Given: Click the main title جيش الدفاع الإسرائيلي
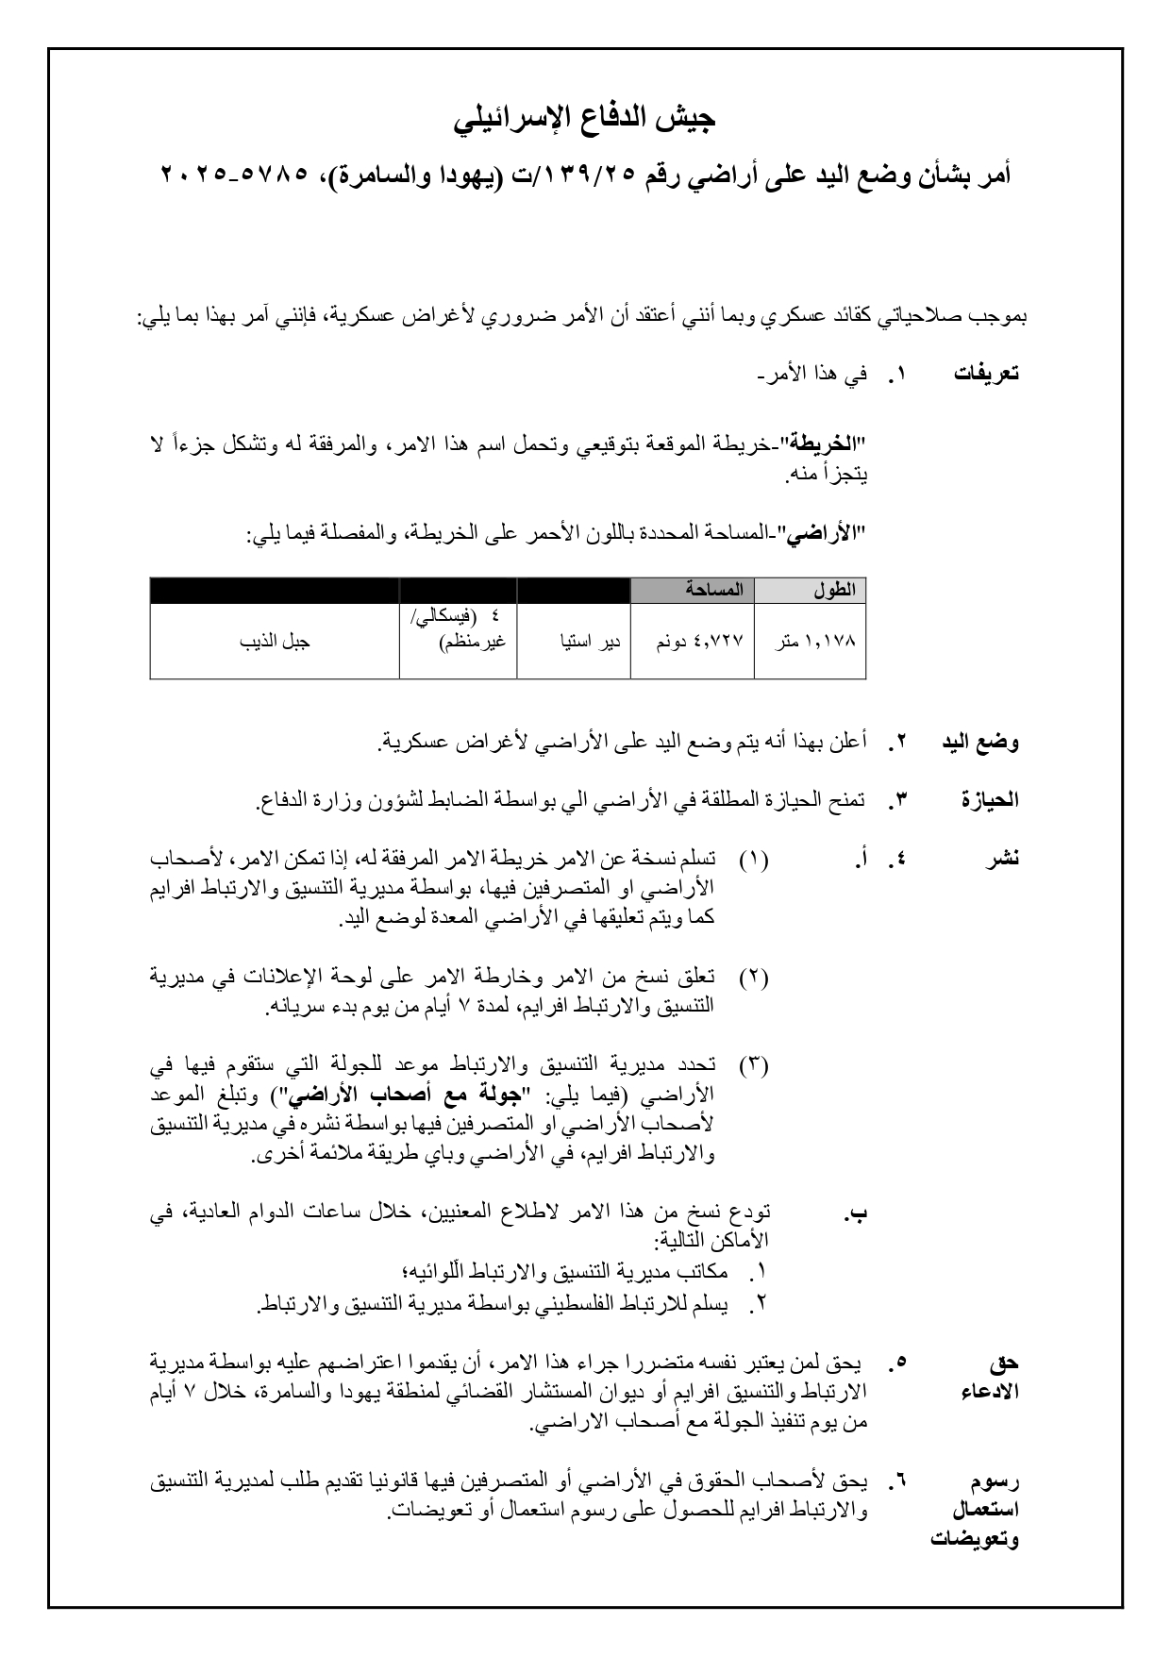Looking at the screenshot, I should point(585,119).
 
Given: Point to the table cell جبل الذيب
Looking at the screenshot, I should point(276,642).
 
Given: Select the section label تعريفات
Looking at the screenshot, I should point(986,374).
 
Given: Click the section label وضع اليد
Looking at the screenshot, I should point(980,743).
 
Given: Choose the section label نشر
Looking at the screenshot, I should point(1003,860).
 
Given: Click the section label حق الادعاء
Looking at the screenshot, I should point(995,1377).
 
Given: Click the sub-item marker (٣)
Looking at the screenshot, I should point(753,1066).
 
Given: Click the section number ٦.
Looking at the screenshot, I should point(899,1480).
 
